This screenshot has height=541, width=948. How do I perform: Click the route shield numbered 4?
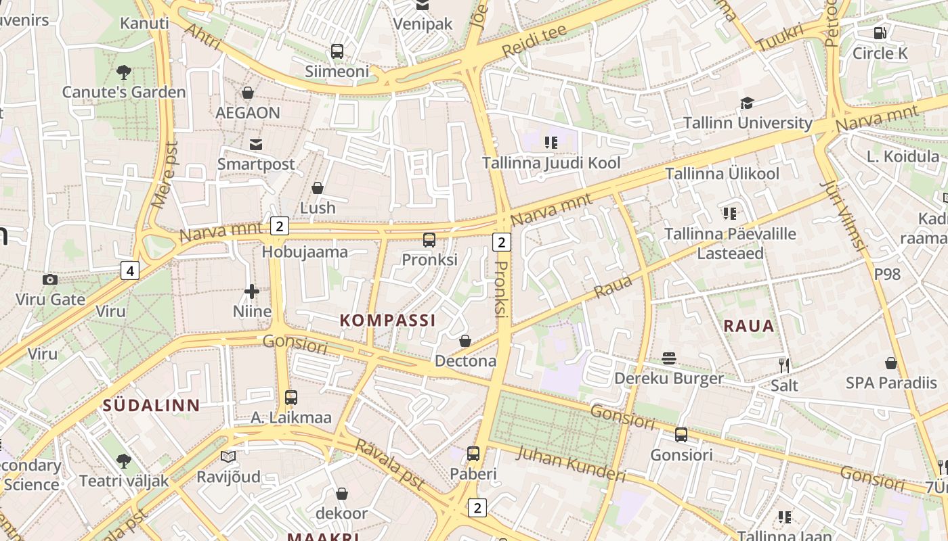pos(130,271)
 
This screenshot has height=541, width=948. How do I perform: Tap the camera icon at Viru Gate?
pos(49,279)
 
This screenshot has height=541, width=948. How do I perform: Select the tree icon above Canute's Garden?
pos(123,72)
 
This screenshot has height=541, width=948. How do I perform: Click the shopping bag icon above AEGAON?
pos(248,93)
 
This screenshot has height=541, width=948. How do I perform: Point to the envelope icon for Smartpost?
pos(256,144)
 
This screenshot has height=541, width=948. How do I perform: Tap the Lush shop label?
pos(318,208)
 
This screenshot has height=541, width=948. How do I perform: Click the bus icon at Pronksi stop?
pos(429,239)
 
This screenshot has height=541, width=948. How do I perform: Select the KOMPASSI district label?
pos(388,321)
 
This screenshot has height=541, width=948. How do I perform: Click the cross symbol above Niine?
pos(252,291)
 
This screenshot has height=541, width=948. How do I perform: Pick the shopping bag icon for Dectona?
pos(465,340)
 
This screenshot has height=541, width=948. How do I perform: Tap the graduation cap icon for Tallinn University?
pos(747,103)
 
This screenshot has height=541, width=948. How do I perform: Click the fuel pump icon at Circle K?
pos(880,32)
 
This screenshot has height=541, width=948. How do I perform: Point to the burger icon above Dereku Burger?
pos(669,358)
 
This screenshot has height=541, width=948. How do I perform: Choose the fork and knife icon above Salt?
pos(784,365)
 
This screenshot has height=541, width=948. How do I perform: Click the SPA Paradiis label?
pos(891,383)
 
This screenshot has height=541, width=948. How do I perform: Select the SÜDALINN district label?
pos(151,406)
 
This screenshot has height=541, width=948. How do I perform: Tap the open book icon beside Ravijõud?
pos(228,457)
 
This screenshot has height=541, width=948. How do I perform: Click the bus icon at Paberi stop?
pos(473,454)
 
